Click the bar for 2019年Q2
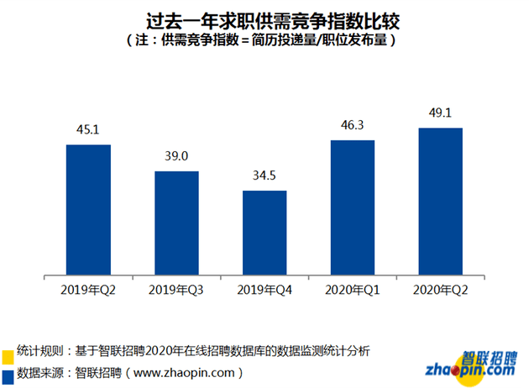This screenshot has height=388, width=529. point(88,210)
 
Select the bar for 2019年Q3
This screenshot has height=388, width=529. point(176,223)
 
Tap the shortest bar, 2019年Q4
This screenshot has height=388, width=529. point(264,233)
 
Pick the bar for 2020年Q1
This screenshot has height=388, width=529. point(353,207)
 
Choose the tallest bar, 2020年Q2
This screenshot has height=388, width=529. point(441,202)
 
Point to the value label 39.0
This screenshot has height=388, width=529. point(176,156)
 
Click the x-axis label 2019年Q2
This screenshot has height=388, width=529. point(88,290)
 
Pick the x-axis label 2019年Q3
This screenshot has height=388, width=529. point(176,290)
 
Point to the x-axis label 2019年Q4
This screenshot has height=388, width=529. point(264,290)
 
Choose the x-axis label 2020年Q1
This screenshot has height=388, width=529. point(353,290)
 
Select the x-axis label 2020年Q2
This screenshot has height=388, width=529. point(441,290)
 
